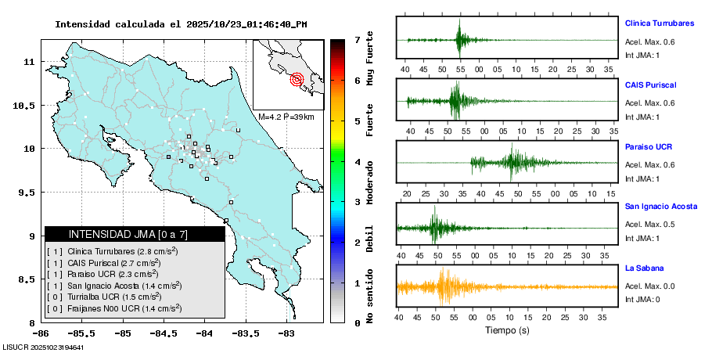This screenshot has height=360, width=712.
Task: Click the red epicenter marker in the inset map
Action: pos(297,79)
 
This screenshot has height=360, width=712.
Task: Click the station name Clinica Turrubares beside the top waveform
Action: pos(659,23)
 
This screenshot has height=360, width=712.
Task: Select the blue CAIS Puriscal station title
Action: pos(650,85)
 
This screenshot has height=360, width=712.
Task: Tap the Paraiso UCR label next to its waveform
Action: pos(649,146)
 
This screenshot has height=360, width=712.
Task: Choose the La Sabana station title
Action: pos(644,268)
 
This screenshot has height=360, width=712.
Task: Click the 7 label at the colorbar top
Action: pos(357,39)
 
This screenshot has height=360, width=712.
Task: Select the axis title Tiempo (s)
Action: pos(506,331)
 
